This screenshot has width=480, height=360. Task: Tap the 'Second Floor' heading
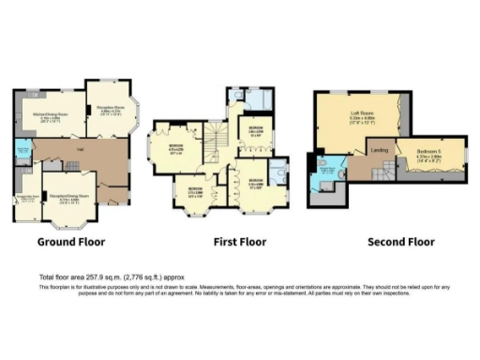coord(401,241)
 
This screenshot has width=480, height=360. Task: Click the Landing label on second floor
coord(380,150)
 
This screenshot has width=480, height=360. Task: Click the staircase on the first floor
coord(217,141)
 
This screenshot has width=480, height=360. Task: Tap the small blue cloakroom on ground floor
coord(22,150)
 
